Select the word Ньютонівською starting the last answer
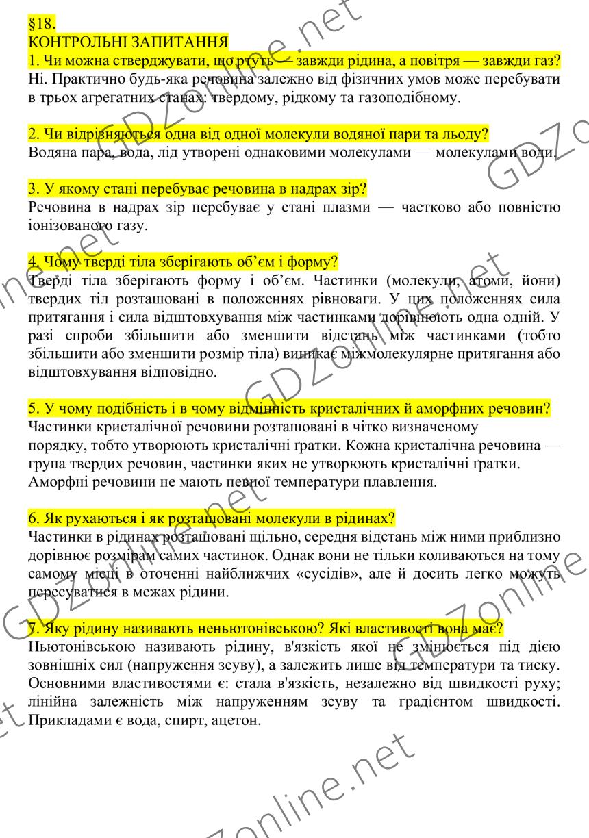coord(83,626)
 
